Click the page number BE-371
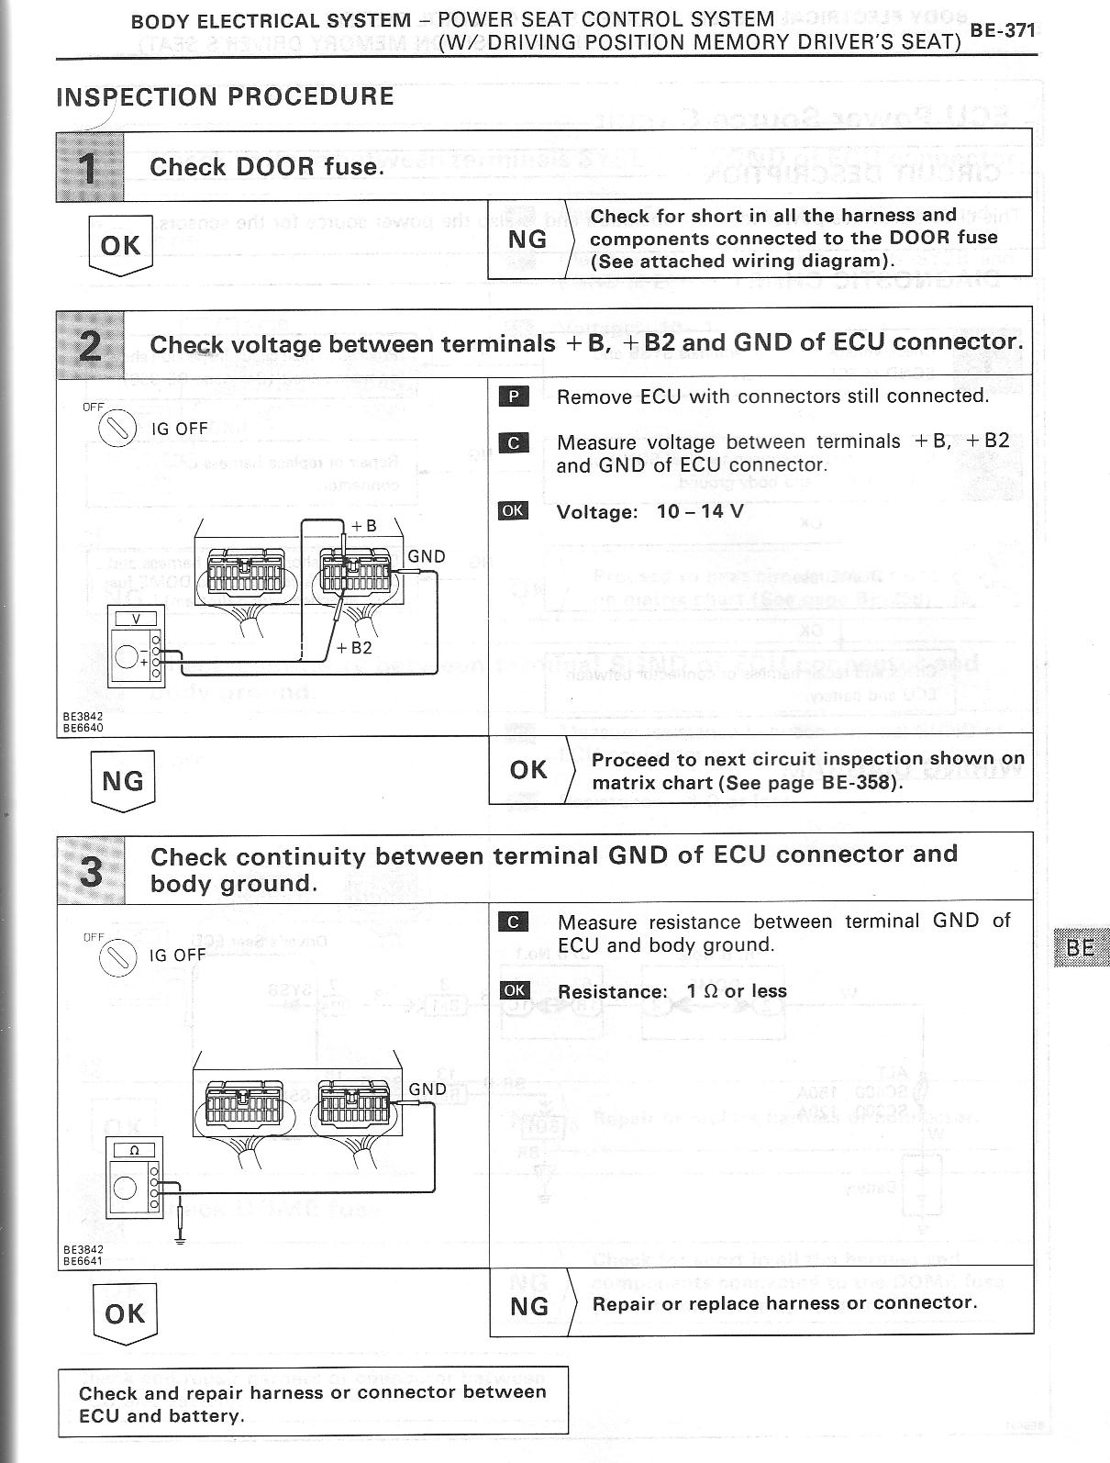coord(1002,30)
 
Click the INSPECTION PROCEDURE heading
coord(225,96)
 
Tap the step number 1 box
coord(90,167)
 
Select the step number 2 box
coord(90,345)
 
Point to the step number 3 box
coord(91,870)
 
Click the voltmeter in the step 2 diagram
coord(136,646)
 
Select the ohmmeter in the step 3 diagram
coord(135,1178)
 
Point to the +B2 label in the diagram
coord(354,647)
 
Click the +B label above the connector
coord(363,526)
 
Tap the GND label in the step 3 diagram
coord(427,1089)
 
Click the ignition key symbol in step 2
coord(117,429)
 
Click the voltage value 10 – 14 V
coord(700,511)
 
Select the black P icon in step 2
coord(514,396)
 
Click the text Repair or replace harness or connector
coord(784,1303)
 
